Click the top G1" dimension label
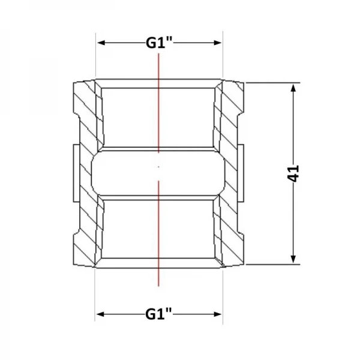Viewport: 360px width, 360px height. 159,43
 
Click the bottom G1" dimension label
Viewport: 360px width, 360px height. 158,314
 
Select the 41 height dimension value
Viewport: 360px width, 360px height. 293,173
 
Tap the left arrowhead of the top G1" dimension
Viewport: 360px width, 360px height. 101,43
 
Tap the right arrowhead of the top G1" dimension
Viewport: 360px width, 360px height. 217,43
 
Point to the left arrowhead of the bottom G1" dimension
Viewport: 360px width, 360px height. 101,314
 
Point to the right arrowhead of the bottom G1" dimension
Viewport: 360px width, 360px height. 217,314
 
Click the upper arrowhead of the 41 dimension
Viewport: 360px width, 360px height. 293,88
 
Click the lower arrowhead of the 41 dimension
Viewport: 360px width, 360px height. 293,259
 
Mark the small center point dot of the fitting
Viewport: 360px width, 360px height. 158,167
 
